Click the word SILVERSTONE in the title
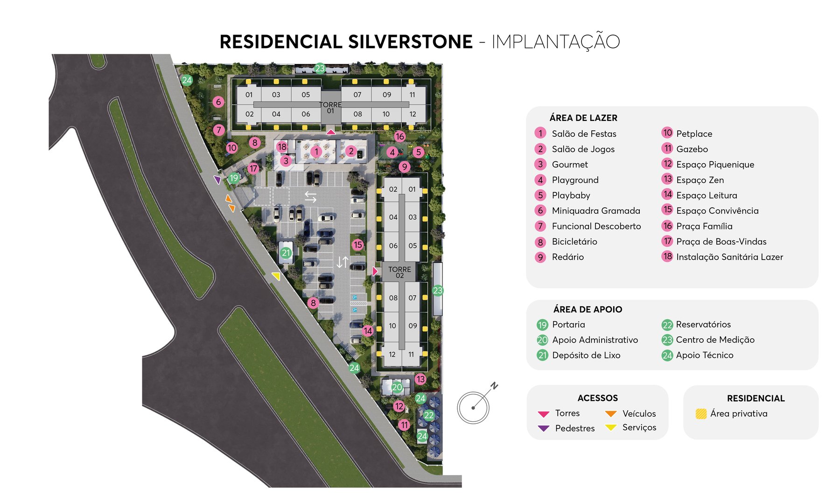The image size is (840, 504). pos(410,42)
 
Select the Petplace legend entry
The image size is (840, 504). pos(694,133)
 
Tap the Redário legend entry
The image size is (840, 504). pos(567,257)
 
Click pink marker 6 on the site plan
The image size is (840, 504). pos(218,102)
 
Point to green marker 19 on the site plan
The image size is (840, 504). pos(234,178)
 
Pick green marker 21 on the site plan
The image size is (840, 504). pos(286,253)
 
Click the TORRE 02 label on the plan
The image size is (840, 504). pos(399,272)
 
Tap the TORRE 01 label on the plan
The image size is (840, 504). pos(330,107)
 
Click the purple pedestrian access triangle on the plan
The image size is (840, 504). pos(217,179)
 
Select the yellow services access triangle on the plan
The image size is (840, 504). pos(276,276)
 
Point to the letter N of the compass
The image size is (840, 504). pos(494,386)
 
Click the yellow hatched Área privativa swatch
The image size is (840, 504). pos(701,413)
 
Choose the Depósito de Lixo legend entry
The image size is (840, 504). pos(586,355)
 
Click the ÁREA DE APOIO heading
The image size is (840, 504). pos(588,309)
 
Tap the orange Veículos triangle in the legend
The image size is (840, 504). pos(610,413)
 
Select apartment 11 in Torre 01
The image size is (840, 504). pos(412,95)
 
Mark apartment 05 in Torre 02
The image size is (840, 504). pos(413,245)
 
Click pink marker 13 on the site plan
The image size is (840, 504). pos(420,379)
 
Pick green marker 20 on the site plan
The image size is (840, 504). pos(397,387)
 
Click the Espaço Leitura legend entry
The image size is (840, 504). pos(707,195)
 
